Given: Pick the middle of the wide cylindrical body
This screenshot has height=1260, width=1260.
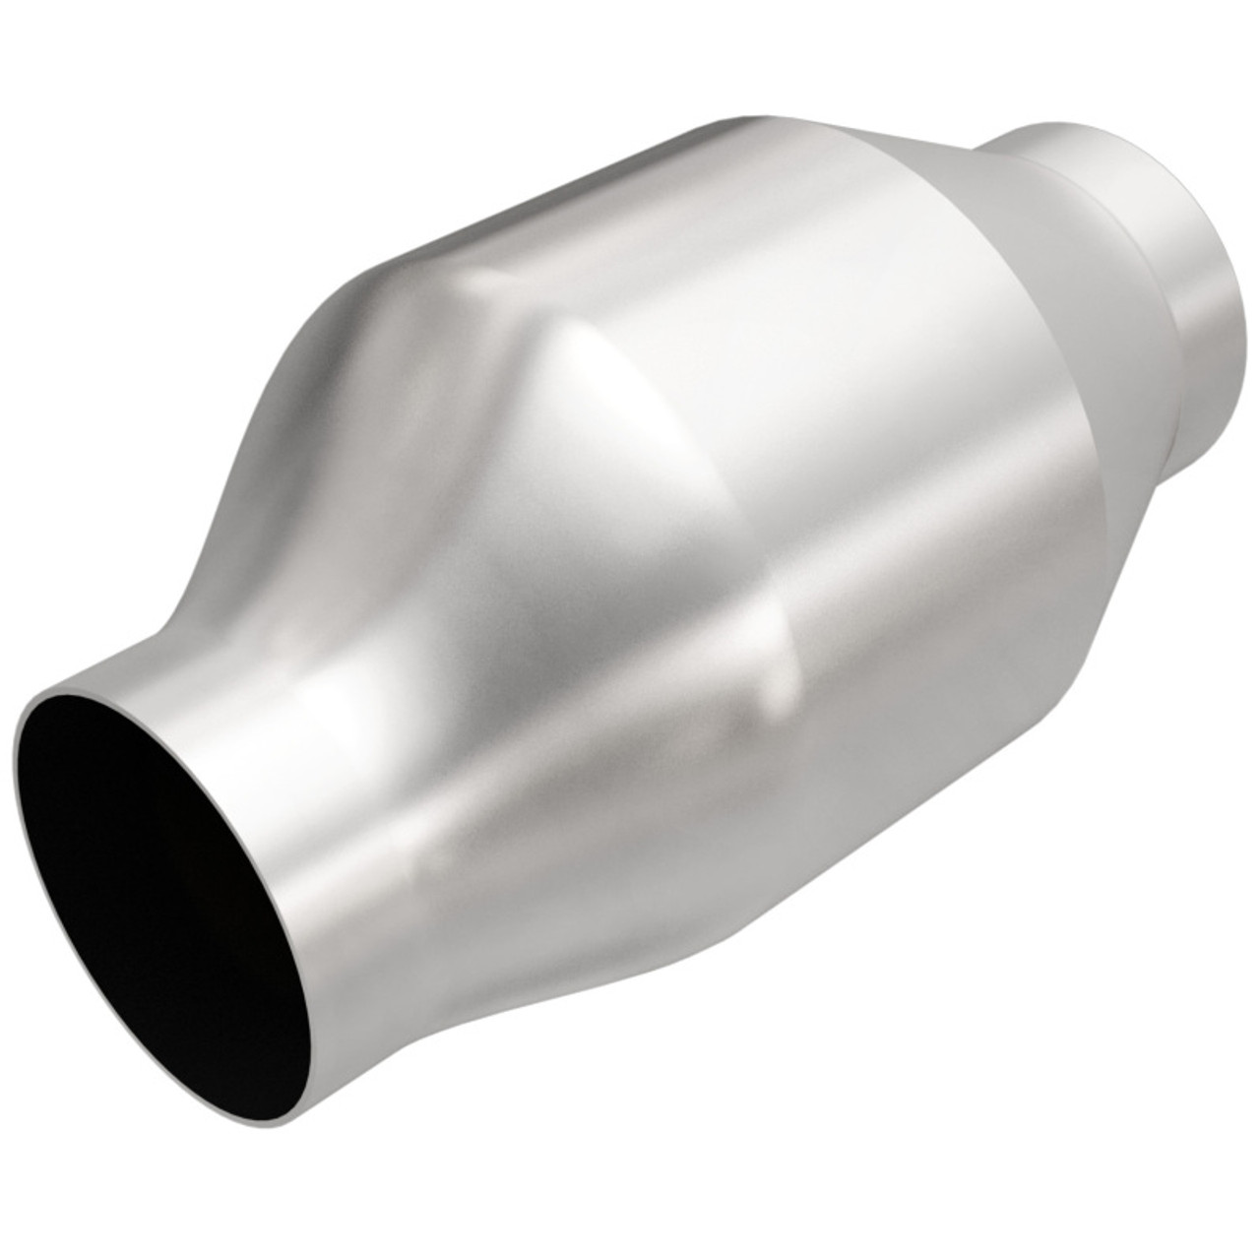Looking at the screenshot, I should (787, 443).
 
